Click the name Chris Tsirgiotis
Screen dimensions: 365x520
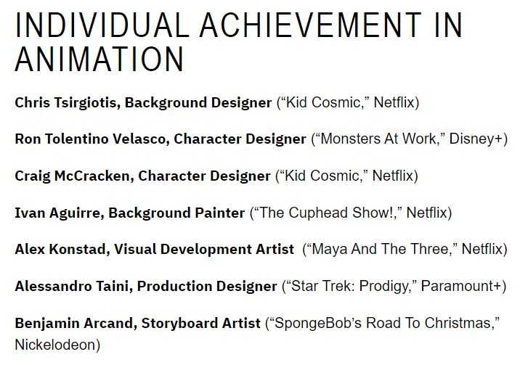coord(67,102)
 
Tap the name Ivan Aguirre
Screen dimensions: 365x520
coord(54,213)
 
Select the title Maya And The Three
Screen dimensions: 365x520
coord(378,250)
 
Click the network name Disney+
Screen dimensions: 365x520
coord(479,139)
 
